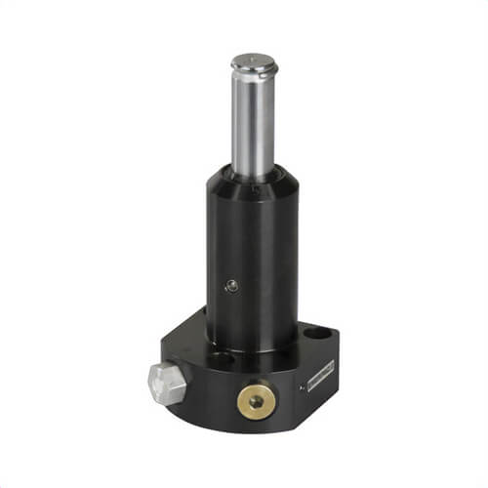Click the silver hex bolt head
[x=167, y=383]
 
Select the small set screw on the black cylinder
[x=232, y=285]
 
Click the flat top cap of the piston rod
[x=254, y=64]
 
